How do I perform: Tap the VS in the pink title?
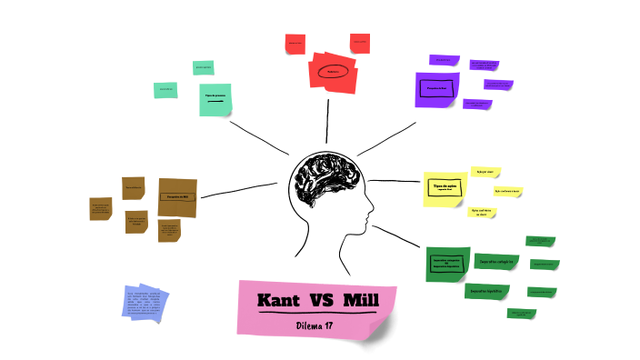click(x=319, y=300)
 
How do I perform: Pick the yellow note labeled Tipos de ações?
click(x=445, y=189)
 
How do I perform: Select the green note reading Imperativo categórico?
click(x=447, y=263)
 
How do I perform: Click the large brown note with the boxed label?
click(x=177, y=196)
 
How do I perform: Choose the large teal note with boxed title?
click(x=215, y=99)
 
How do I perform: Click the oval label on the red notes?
click(x=333, y=72)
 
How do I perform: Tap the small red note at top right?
click(x=360, y=42)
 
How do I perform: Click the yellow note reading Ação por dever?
click(x=484, y=171)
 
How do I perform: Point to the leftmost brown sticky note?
click(x=100, y=209)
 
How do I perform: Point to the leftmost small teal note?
click(x=165, y=90)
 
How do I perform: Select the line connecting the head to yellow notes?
click(x=395, y=182)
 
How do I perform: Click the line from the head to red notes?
click(x=327, y=122)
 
